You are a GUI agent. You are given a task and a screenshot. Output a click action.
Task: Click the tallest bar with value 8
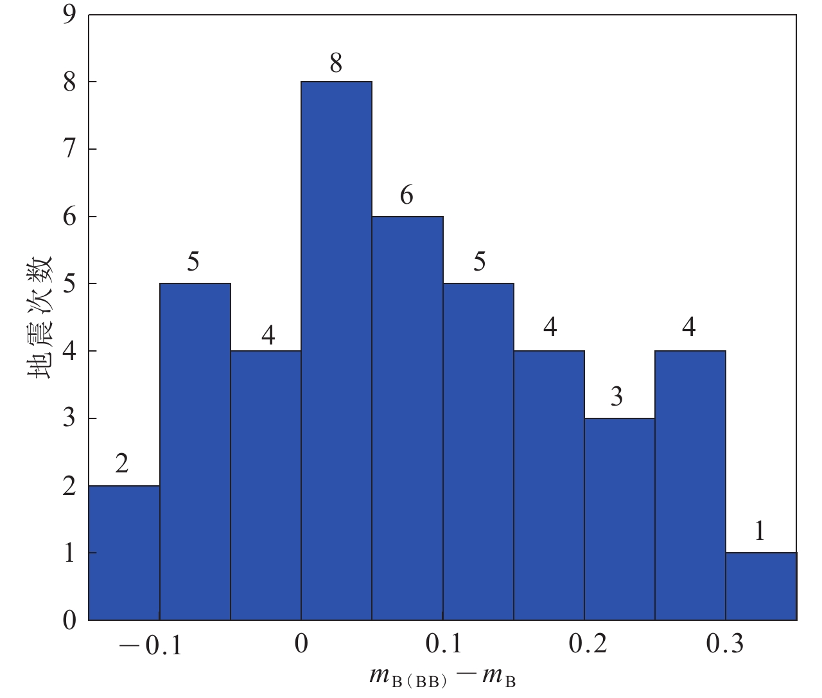point(337,351)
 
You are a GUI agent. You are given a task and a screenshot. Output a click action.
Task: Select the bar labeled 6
point(407,418)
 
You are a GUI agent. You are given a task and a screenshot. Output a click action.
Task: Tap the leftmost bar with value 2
point(124,553)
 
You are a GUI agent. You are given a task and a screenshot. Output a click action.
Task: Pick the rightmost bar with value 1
point(761,586)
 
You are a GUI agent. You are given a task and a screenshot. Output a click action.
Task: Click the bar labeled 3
point(620,519)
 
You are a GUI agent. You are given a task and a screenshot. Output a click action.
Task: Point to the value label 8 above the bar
point(336,64)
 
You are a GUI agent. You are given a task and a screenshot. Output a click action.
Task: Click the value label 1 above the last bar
point(760,531)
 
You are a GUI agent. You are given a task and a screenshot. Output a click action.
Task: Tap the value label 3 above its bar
point(616,397)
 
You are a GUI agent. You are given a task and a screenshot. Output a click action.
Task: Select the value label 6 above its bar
point(407,195)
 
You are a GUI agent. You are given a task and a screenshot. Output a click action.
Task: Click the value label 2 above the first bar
point(122,463)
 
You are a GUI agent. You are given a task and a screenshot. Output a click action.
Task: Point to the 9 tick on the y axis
point(69,15)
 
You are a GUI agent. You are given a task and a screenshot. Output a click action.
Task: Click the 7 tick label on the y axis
point(69,149)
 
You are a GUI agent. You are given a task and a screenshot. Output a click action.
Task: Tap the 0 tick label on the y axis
point(69,620)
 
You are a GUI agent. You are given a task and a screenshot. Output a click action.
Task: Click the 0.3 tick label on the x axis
point(726,643)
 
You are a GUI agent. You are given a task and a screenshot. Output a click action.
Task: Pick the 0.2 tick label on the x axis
point(588,643)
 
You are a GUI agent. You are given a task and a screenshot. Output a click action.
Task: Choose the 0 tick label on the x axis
point(301,643)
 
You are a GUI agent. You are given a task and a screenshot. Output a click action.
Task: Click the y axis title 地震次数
point(40,318)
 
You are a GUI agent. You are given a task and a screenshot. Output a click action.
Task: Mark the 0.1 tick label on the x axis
point(443,643)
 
